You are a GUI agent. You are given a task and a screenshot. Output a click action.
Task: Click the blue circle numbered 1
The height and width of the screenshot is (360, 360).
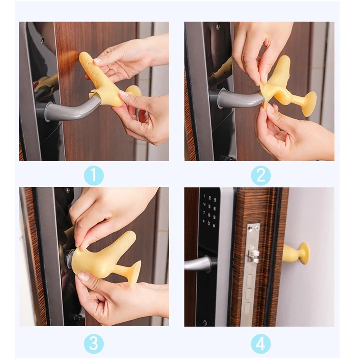(94, 175)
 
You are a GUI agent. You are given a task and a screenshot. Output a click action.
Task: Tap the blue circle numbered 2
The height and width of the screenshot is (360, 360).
(261, 175)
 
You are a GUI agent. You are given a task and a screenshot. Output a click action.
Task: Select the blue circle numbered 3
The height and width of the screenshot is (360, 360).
(94, 343)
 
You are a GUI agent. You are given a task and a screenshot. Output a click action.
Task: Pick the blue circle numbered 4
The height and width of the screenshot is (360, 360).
(261, 343)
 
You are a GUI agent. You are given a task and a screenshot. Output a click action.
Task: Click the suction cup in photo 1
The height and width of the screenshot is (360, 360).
(133, 91)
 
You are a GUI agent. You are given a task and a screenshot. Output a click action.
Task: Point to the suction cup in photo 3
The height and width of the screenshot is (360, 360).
(133, 273)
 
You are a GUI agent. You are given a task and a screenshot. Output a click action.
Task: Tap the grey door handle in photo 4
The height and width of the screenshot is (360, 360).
(198, 263)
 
